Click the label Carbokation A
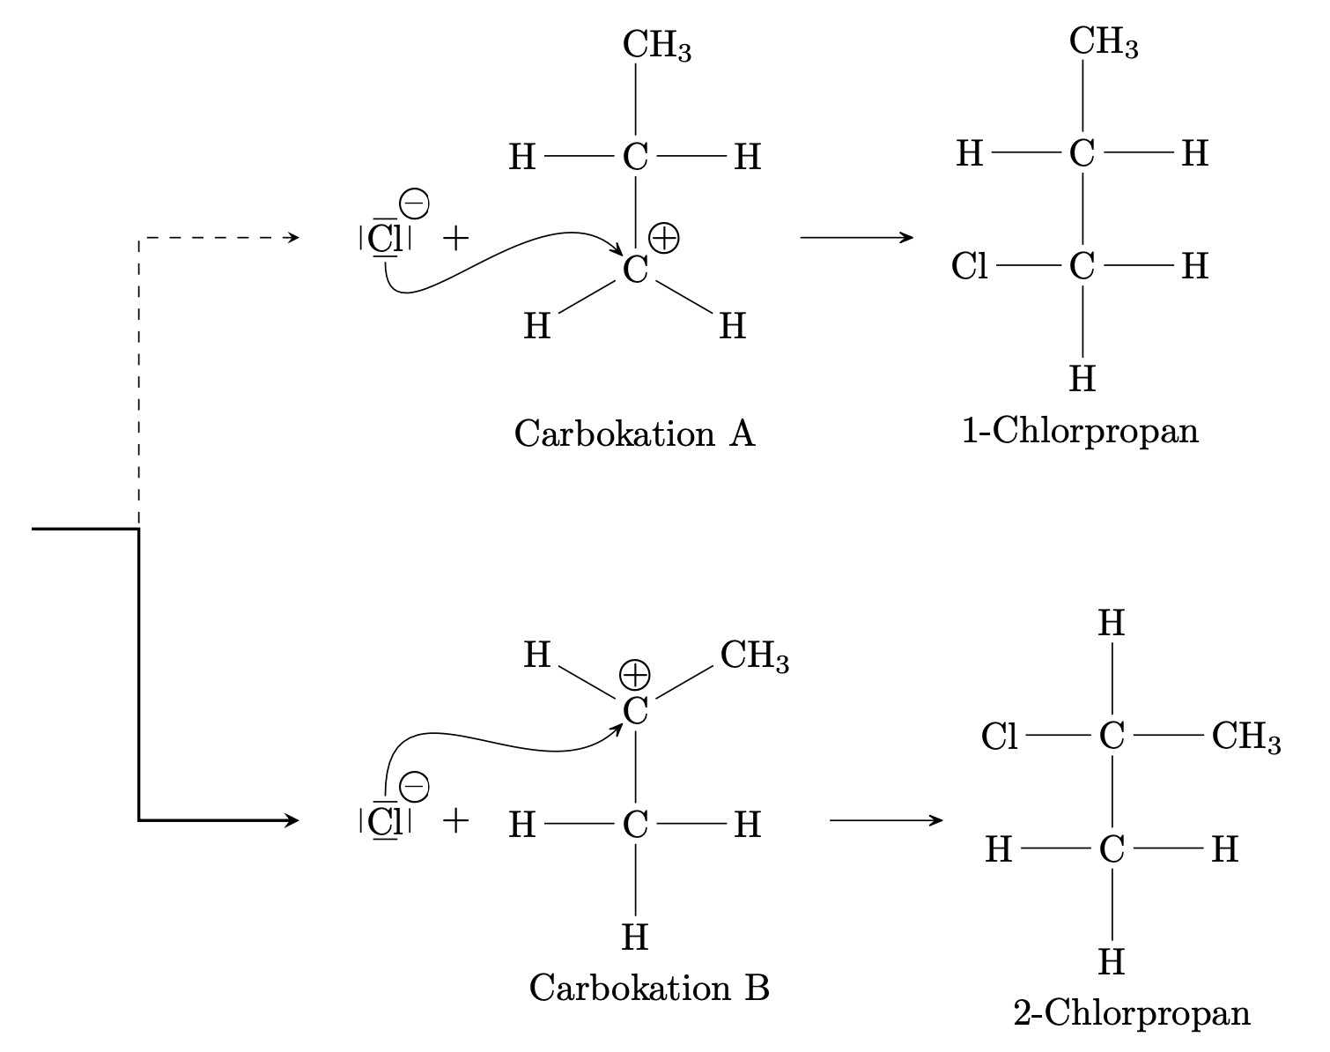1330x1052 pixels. coord(634,433)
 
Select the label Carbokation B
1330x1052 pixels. coord(649,988)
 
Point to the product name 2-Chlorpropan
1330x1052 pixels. coord(1132,1012)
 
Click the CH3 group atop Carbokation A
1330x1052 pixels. coord(656,46)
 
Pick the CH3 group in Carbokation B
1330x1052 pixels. coord(754,656)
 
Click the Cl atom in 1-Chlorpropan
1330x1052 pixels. coord(969,265)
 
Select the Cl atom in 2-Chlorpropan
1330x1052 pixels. coord(1000,736)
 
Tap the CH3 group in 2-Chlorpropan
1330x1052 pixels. coord(1245,736)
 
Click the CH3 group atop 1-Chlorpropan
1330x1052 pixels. coord(1103,42)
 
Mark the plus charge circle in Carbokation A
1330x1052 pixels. coord(664,238)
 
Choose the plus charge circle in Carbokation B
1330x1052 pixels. coord(634,676)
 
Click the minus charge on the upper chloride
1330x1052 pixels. coord(414,204)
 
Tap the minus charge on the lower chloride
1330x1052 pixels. coord(414,786)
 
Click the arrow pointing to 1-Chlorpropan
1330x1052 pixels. coord(856,238)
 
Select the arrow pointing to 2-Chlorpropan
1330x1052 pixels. coord(885,821)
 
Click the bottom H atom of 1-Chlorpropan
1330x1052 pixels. coord(1082,379)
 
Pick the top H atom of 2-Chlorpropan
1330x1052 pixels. coord(1112,624)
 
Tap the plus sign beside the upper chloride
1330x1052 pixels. coord(455,238)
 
